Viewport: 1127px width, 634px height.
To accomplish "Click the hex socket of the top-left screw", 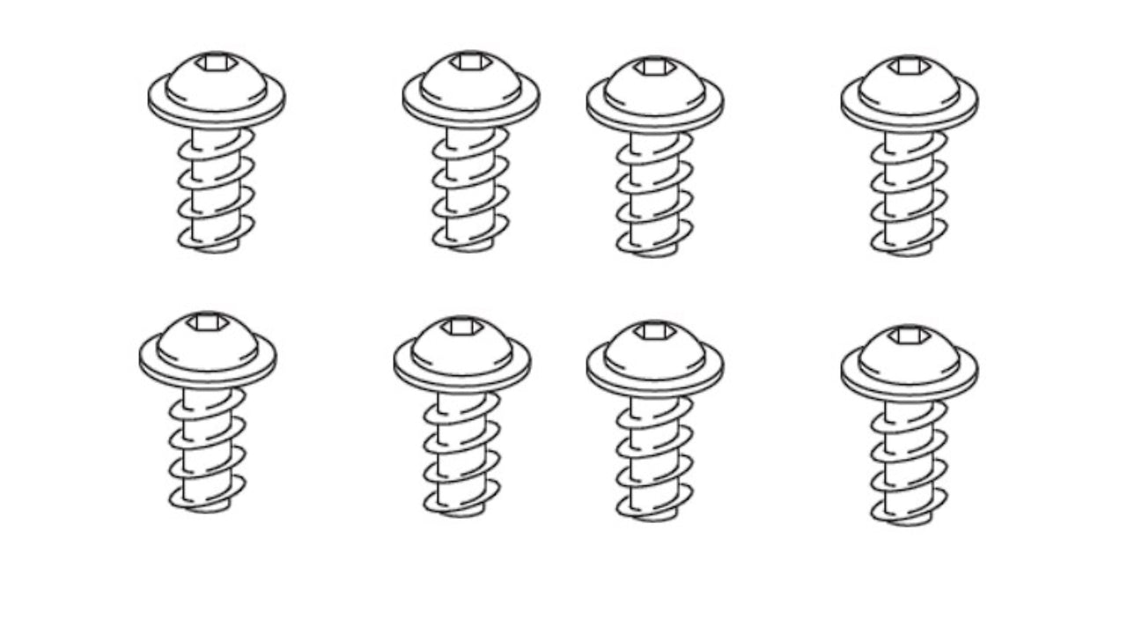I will click(x=217, y=62).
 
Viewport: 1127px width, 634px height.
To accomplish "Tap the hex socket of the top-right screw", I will click(x=910, y=65).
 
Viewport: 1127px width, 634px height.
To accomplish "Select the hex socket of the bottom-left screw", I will click(x=208, y=321).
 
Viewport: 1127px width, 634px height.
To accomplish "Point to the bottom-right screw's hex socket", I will click(x=910, y=335).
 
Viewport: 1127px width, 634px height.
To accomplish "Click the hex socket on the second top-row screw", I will click(x=471, y=62).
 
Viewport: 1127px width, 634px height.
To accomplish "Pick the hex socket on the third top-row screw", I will click(x=655, y=66).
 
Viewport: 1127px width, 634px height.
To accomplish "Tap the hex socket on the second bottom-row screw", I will click(x=462, y=327).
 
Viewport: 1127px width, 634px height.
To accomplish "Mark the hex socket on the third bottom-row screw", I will click(x=655, y=331).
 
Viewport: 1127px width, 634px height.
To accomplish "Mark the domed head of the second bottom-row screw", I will click(x=462, y=347).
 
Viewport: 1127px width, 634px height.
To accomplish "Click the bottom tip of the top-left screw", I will click(x=217, y=247).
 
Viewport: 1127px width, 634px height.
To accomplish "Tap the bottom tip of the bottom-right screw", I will click(x=910, y=520).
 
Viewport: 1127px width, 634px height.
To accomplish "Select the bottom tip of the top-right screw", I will click(x=910, y=251).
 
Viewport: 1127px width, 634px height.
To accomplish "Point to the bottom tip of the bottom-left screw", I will click(x=208, y=507).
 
